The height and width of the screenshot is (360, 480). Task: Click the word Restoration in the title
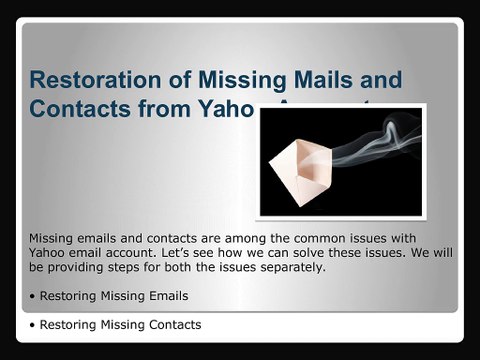pos(93,79)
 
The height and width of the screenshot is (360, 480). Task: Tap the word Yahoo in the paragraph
pos(50,254)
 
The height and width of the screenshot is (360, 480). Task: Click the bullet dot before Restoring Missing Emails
pos(33,297)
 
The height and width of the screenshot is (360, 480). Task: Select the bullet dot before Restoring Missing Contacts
pos(33,325)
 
